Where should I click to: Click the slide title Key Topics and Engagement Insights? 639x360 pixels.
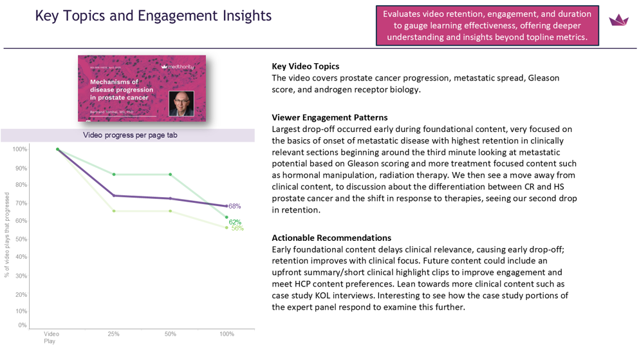[153, 15]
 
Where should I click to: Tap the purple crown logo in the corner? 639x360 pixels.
[618, 21]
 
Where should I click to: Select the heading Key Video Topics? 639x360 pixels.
[305, 66]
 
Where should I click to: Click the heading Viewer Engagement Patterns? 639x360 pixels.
[329, 117]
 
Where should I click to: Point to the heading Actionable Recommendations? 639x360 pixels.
[331, 238]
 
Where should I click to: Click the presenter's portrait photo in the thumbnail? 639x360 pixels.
[181, 102]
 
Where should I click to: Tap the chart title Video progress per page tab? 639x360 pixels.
[130, 135]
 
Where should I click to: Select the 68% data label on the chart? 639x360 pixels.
[235, 206]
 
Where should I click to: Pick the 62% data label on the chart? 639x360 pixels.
[235, 222]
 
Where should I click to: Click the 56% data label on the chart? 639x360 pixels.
[237, 229]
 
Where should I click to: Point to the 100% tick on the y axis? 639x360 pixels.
[19, 149]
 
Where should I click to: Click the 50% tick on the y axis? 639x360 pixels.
[21, 239]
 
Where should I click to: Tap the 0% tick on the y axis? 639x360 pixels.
[23, 325]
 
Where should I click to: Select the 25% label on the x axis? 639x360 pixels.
[114, 334]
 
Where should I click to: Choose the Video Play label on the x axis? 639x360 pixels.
[51, 337]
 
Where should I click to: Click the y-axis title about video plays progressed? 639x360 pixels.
[7, 235]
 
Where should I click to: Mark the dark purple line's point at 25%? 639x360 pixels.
[114, 196]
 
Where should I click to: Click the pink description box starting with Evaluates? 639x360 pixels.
[487, 25]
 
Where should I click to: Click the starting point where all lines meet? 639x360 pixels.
[58, 149]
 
